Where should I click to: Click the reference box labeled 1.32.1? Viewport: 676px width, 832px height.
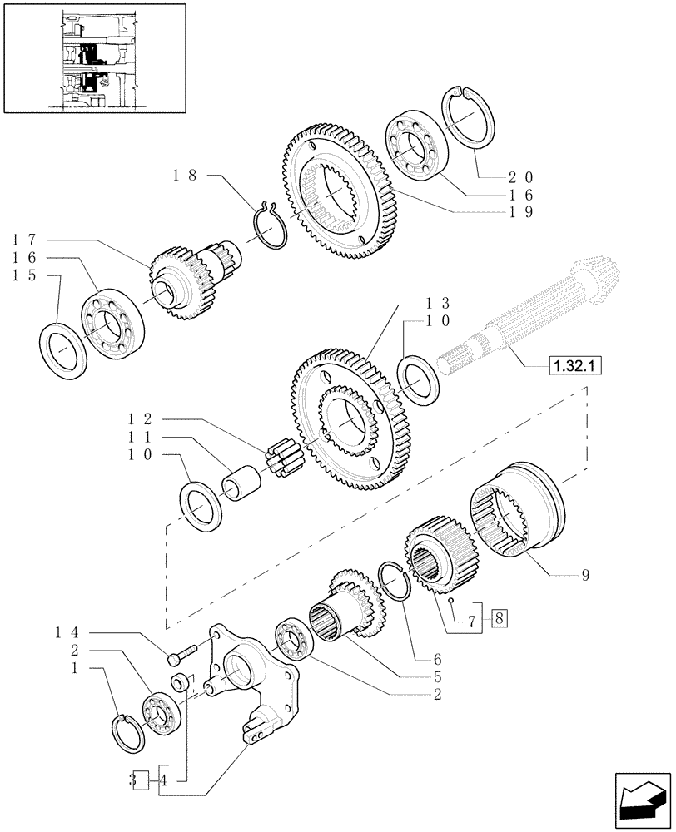click(x=575, y=365)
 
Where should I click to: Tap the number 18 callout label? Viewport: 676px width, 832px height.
click(x=185, y=176)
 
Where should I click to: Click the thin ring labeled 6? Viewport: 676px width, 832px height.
click(x=395, y=581)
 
